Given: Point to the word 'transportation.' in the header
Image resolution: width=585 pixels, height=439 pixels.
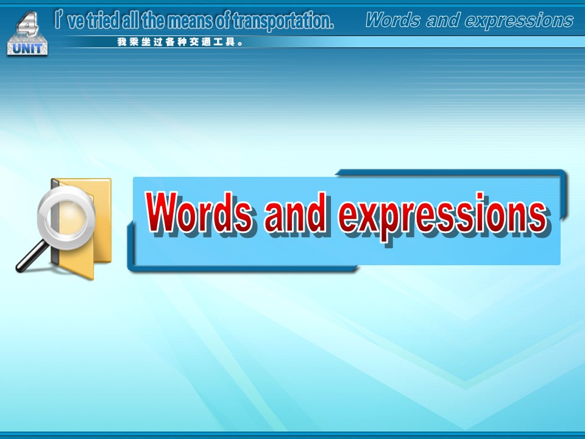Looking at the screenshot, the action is pos(283,21).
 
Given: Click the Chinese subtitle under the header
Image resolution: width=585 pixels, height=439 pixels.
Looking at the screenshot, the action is pos(180,42).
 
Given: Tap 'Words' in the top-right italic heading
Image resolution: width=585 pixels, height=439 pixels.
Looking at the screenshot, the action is pos(393,20).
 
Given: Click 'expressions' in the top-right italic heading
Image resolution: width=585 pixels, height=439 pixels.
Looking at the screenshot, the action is pos(519,21).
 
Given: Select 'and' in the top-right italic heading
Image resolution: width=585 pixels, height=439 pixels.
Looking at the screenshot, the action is pos(442,20).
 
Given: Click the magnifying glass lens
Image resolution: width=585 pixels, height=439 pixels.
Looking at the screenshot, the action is pos(66,216).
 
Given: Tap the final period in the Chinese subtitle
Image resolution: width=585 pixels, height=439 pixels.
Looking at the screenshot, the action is pos(240,44).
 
